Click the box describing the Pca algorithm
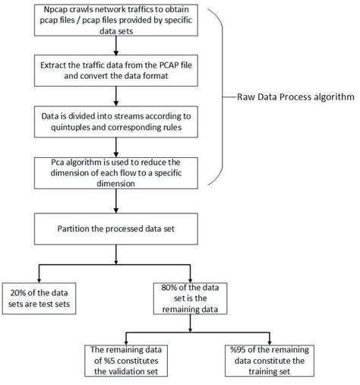(115, 174)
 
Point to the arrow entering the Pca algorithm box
(115, 150)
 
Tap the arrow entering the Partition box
(115, 204)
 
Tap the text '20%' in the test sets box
(21, 290)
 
